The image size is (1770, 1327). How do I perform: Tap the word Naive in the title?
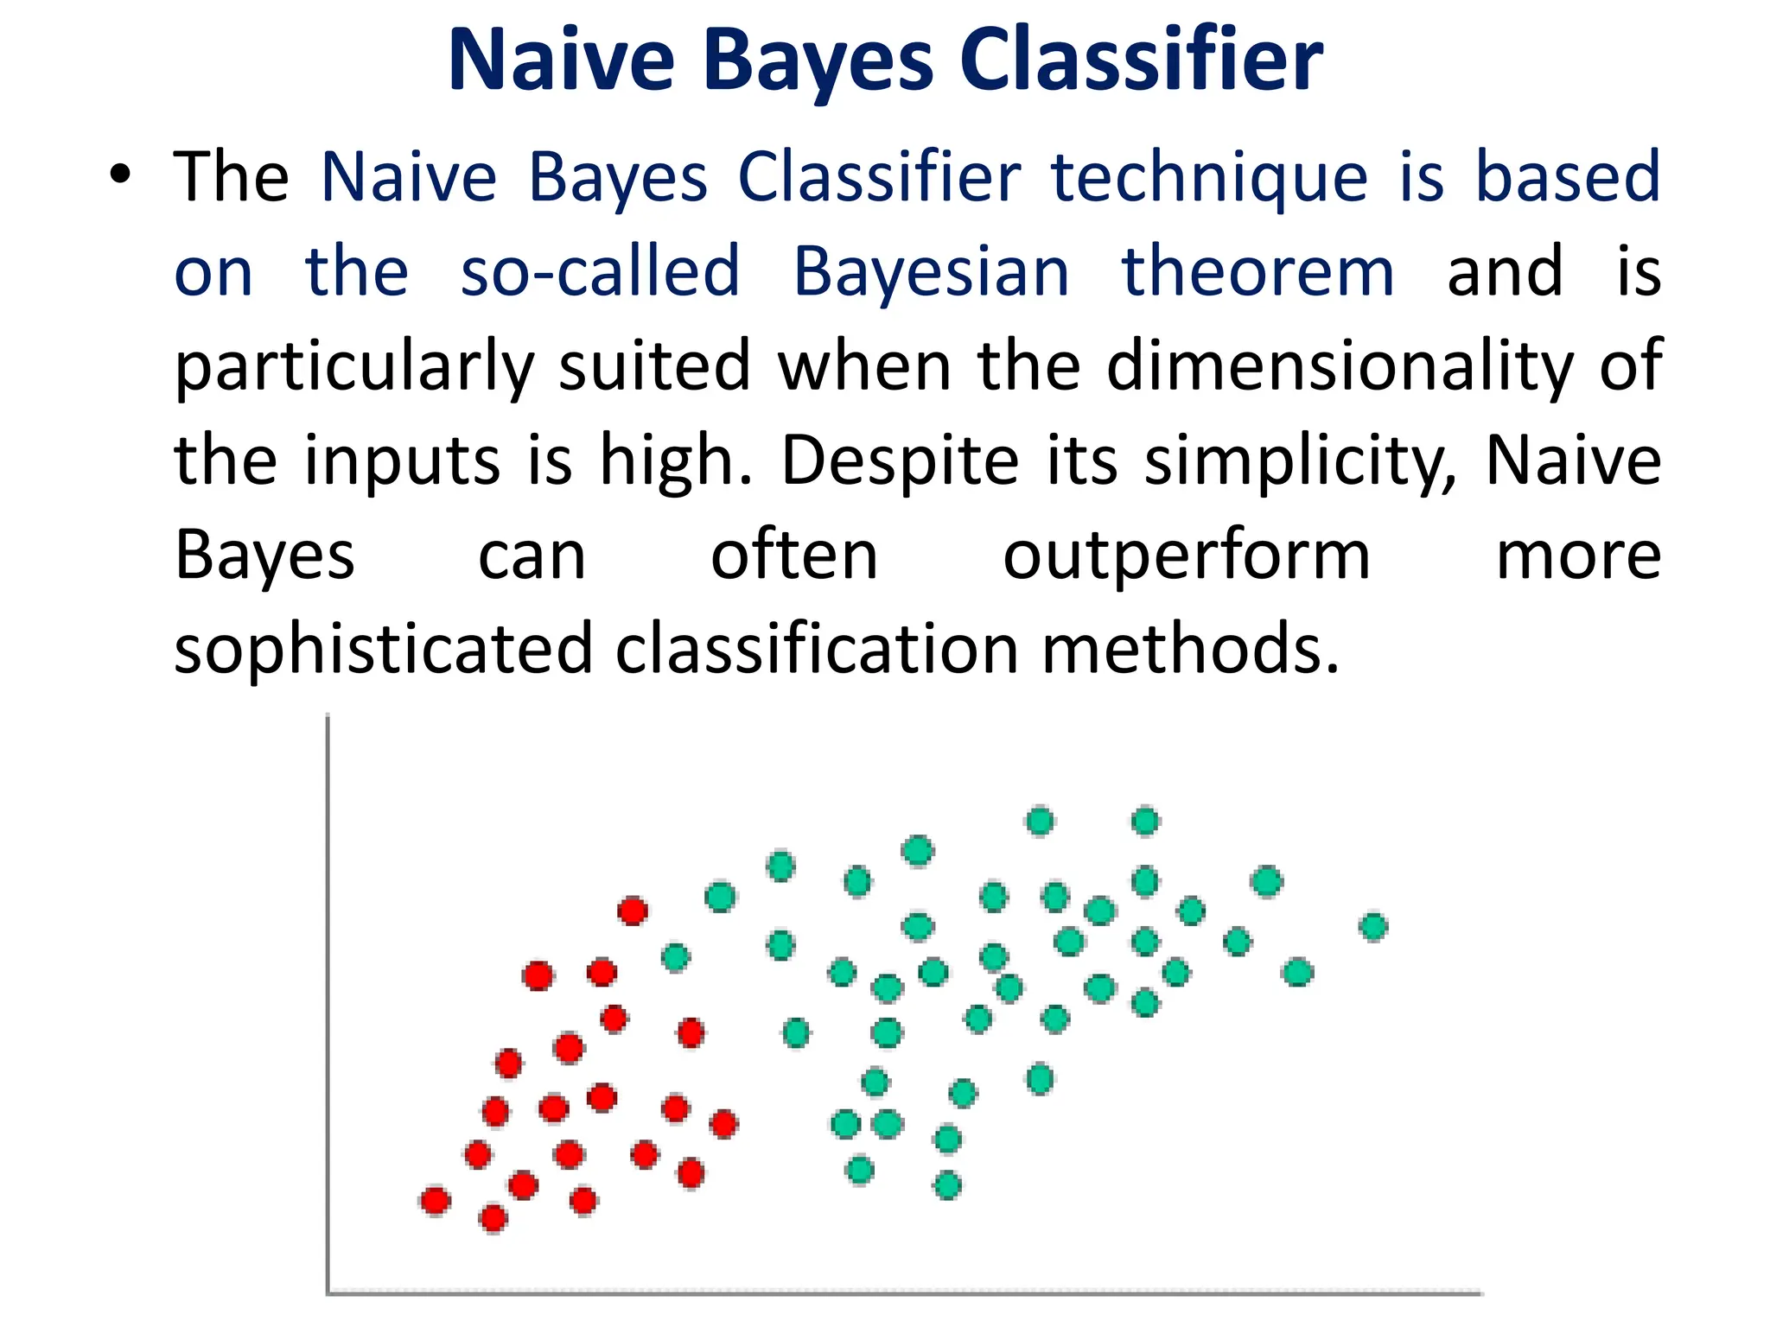(x=560, y=60)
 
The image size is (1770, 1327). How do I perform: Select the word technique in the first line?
(x=1209, y=177)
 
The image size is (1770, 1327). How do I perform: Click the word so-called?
(x=600, y=271)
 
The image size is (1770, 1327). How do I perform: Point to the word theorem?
(x=1257, y=271)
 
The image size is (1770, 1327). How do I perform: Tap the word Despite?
(x=900, y=460)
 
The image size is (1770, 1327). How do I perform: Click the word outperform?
(x=1186, y=556)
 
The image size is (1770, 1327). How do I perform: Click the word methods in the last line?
(x=1190, y=650)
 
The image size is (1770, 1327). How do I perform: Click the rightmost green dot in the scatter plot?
(x=1372, y=927)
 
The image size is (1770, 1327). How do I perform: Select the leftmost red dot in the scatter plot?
(x=435, y=1201)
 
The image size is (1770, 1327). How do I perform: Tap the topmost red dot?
(x=633, y=911)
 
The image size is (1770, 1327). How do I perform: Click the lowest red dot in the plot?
(x=493, y=1218)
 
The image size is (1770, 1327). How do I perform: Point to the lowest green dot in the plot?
(x=947, y=1185)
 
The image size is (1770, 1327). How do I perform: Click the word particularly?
(x=354, y=366)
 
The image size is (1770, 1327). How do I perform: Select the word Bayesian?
(x=931, y=271)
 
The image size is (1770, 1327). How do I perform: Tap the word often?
(x=793, y=556)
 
